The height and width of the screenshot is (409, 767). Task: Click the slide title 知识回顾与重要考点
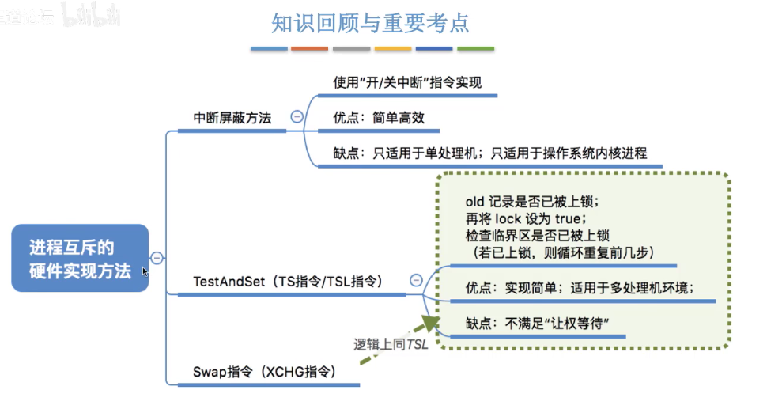click(x=371, y=23)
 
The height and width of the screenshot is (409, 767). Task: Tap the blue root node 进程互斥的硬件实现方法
click(x=81, y=259)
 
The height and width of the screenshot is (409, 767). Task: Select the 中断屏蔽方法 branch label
click(x=232, y=118)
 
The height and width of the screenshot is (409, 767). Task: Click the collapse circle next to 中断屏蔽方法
click(x=297, y=117)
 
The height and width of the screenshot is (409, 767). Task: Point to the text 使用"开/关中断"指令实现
click(x=407, y=82)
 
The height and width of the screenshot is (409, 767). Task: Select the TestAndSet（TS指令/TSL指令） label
click(x=288, y=281)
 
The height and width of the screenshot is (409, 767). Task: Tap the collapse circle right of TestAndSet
click(x=416, y=280)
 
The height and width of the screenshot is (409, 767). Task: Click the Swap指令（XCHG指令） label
click(x=264, y=371)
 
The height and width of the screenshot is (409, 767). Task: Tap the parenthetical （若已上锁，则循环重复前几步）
click(x=564, y=252)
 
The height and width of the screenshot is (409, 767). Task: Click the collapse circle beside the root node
click(x=157, y=258)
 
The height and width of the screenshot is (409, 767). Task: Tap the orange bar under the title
click(x=309, y=49)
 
